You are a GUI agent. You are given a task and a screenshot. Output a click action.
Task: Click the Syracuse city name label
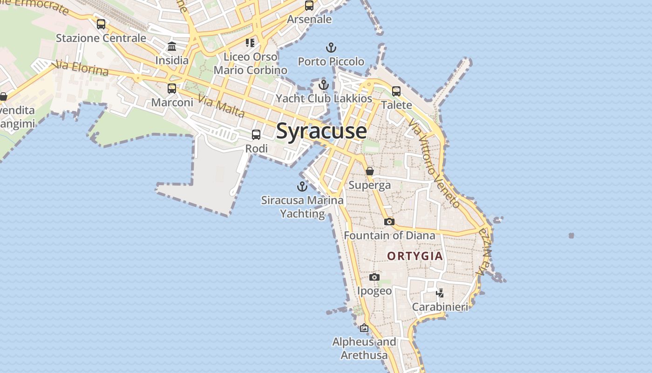tap(321, 131)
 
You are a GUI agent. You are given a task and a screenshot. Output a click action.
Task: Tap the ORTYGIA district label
tap(415, 256)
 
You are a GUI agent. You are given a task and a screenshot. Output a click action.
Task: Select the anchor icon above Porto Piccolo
tap(331, 48)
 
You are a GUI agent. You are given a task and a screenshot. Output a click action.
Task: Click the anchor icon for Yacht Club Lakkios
tap(324, 85)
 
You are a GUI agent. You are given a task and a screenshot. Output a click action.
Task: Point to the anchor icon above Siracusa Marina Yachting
tap(302, 186)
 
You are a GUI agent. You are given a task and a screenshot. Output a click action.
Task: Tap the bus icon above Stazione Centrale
tap(101, 24)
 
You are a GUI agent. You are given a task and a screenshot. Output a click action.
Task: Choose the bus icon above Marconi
tap(172, 88)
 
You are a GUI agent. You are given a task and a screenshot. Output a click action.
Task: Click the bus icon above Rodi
tap(256, 135)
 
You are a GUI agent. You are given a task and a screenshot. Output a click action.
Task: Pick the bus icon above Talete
tap(396, 91)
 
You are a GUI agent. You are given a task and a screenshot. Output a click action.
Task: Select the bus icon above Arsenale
tap(309, 6)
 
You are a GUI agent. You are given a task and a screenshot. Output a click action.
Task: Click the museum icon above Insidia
tap(172, 46)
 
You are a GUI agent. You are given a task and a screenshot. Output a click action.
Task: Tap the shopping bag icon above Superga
tap(370, 171)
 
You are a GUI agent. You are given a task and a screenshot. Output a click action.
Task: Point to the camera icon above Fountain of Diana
tap(389, 221)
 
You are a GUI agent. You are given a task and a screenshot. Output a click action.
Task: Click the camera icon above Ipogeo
tap(374, 277)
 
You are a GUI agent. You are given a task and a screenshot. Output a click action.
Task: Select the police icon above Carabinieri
tap(440, 293)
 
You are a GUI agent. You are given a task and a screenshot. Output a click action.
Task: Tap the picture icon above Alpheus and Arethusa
tap(364, 328)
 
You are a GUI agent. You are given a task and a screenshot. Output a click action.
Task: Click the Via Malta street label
tap(221, 106)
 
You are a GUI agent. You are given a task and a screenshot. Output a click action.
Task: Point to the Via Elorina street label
tap(81, 68)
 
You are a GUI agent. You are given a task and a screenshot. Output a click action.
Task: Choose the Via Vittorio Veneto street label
tap(434, 163)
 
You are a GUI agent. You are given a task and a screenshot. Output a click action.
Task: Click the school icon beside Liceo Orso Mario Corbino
tap(250, 43)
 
